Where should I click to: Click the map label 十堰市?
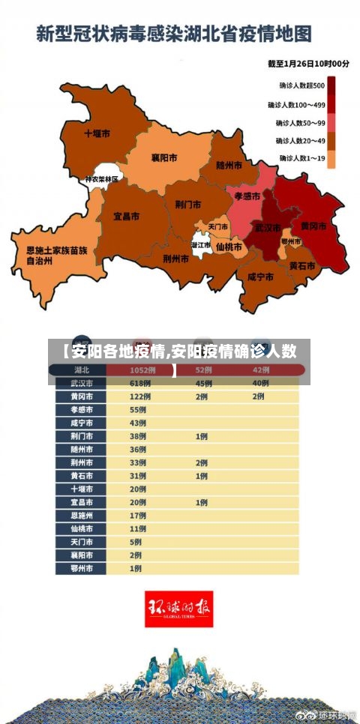(x=97, y=133)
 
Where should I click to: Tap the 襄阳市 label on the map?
(x=163, y=158)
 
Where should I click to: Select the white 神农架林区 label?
(x=101, y=180)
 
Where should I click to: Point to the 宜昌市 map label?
(x=126, y=216)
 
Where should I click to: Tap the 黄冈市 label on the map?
(x=313, y=226)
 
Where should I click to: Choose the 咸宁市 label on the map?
(x=259, y=277)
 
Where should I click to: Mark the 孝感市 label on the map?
(x=247, y=196)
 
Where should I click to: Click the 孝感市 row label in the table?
(x=82, y=410)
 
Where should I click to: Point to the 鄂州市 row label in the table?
(x=82, y=568)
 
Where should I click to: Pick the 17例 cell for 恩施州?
(x=138, y=516)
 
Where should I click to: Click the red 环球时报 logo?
(x=178, y=609)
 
